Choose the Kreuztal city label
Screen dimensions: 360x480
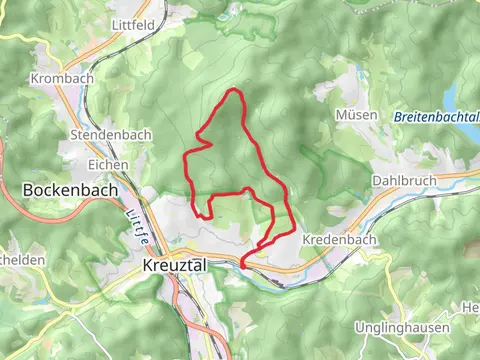coord(174,266)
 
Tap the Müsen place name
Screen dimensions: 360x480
coord(358,115)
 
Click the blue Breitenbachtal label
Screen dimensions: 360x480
coord(434,117)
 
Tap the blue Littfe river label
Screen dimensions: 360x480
coord(138,228)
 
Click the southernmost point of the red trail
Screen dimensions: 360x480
coord(242,267)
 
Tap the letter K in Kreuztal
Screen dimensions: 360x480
coord(148,266)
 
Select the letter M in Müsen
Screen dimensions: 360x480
coord(344,115)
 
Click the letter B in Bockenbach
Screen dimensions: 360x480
coord(27,188)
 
